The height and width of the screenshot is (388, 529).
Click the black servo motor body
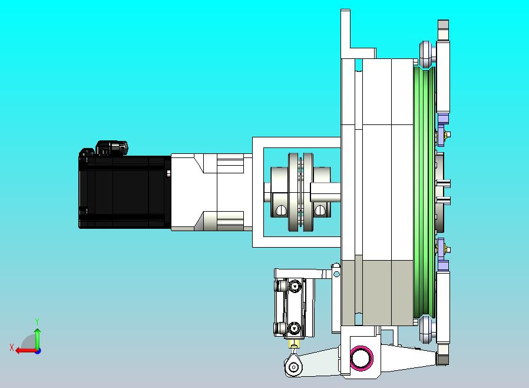click(125, 192)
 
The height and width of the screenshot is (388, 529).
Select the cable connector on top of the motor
click(112, 148)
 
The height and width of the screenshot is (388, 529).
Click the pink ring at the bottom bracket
click(361, 357)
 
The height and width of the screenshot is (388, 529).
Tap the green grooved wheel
click(424, 192)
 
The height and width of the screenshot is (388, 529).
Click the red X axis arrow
click(27, 350)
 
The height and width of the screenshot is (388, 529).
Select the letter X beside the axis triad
click(12, 347)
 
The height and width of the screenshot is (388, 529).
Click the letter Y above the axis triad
click(37, 321)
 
